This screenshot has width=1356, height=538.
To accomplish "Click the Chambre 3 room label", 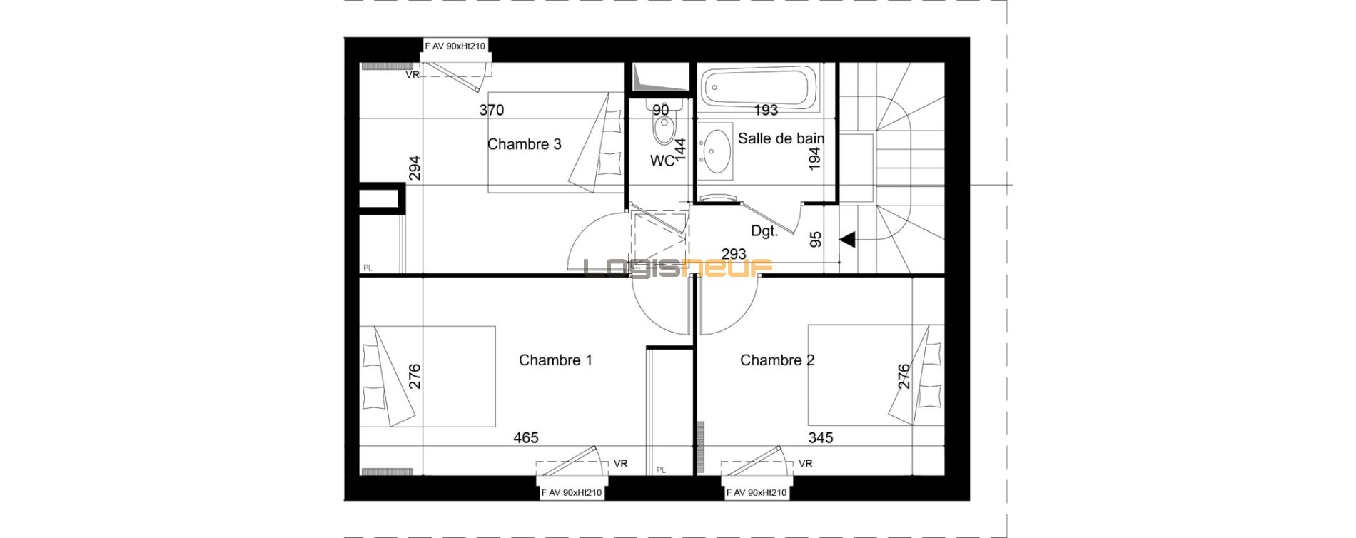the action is click(524, 144).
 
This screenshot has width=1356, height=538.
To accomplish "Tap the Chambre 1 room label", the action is click(555, 360).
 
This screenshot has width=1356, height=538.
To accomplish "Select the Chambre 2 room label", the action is click(777, 360).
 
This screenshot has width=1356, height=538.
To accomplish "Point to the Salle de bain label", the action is click(781, 138).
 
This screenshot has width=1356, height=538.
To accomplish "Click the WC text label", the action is click(661, 161).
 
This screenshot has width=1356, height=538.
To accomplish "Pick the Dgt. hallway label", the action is click(764, 231).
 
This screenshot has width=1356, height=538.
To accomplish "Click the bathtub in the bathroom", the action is click(758, 89).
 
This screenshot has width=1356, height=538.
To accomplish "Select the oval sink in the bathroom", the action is click(715, 152).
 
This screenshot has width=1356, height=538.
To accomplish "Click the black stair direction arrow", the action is click(847, 240).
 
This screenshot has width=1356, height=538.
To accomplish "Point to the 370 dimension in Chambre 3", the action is click(491, 110).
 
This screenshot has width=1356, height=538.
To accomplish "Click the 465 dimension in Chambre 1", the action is click(526, 437).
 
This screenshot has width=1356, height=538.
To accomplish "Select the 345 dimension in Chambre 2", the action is click(820, 437).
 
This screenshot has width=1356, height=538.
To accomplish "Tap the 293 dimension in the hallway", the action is click(734, 254).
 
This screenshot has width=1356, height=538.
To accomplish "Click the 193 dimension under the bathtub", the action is click(766, 110).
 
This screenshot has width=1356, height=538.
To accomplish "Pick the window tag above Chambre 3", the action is click(455, 46).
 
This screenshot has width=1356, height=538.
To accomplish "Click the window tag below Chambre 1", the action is click(571, 492).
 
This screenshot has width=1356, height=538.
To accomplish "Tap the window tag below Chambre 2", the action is click(757, 492).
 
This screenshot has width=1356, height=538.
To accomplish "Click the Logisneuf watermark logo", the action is click(678, 268).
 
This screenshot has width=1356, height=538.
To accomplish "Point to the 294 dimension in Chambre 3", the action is click(415, 168).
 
